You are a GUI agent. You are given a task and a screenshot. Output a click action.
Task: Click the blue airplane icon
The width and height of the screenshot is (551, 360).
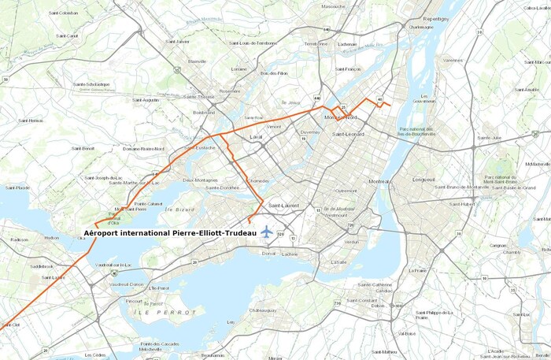click(x=267, y=232)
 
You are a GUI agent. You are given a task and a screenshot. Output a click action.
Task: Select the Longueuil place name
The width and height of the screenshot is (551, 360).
click(x=423, y=180)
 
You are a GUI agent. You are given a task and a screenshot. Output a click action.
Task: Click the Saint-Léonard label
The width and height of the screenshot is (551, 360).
click(x=349, y=134)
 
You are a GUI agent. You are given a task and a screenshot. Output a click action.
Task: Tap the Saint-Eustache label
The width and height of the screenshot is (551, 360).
click(x=200, y=147)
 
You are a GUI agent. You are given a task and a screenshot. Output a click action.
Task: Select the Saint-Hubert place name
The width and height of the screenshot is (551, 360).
click(x=462, y=204)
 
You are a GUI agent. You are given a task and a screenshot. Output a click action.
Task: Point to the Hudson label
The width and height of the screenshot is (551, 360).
click(x=52, y=237)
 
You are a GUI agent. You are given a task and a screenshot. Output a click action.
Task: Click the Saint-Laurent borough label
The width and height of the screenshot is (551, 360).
click(x=284, y=206)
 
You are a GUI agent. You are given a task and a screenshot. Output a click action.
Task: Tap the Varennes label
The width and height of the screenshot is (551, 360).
click(x=453, y=60)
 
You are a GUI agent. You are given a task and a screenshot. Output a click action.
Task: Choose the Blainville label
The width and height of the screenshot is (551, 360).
click(x=197, y=61)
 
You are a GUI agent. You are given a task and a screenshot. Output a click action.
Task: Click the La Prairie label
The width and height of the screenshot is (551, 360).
click(x=417, y=270)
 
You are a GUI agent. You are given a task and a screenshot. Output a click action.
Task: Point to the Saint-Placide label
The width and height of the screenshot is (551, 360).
click(x=17, y=187)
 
